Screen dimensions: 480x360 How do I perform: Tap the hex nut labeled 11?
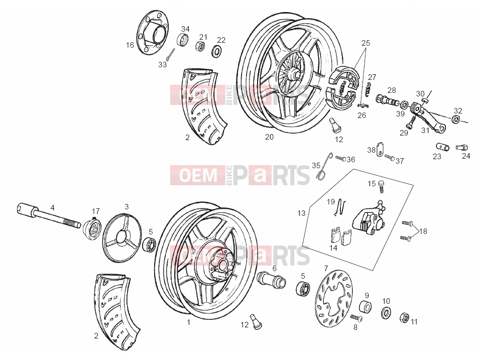(x=405, y=318)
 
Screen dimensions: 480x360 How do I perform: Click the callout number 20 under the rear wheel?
(x=269, y=137)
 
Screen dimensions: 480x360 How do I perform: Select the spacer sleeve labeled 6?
(x=272, y=279)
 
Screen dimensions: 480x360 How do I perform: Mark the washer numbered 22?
(x=217, y=51)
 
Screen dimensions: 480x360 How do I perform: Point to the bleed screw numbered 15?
(x=381, y=186)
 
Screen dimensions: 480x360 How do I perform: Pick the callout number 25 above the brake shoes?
(x=366, y=43)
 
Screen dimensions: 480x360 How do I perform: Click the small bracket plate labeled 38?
(x=380, y=149)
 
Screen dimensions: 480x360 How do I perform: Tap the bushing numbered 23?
(x=443, y=147)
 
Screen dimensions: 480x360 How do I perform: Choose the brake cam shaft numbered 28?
(x=388, y=101)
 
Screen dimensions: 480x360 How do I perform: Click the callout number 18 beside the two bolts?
(x=423, y=231)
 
